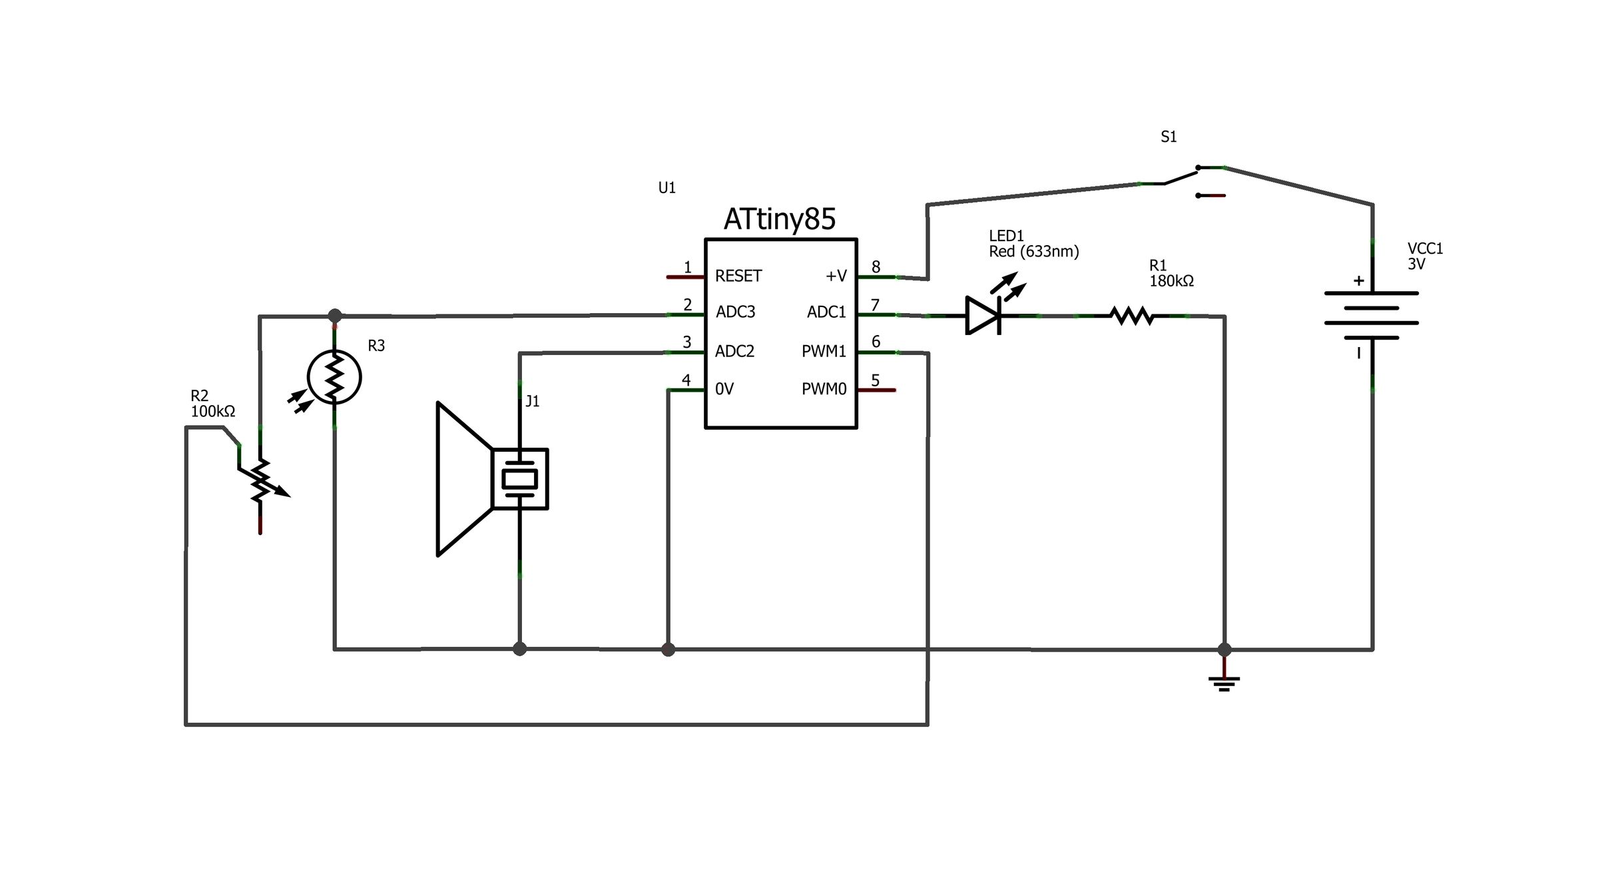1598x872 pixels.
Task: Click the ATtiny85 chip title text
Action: coord(779,219)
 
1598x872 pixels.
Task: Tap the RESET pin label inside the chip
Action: coord(738,276)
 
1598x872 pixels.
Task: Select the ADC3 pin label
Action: coord(735,312)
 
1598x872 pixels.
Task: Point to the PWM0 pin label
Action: coord(824,389)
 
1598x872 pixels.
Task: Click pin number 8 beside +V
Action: coord(876,267)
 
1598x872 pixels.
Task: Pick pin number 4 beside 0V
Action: coord(686,380)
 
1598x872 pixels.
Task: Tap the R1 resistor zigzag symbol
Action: coord(1131,316)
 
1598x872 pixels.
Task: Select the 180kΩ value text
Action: coord(1171,281)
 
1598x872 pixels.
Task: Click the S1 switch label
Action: coord(1169,137)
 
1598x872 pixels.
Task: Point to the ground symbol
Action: coord(1224,682)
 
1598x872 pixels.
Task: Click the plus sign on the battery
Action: coord(1358,281)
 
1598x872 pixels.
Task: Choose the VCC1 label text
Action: coord(1425,248)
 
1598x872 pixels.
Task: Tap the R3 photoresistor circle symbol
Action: coord(334,378)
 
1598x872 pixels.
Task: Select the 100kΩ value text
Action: coord(213,412)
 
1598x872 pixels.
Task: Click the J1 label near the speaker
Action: coord(532,401)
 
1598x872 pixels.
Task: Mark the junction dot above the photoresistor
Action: coord(335,315)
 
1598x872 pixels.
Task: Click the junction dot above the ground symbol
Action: coord(1224,650)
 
